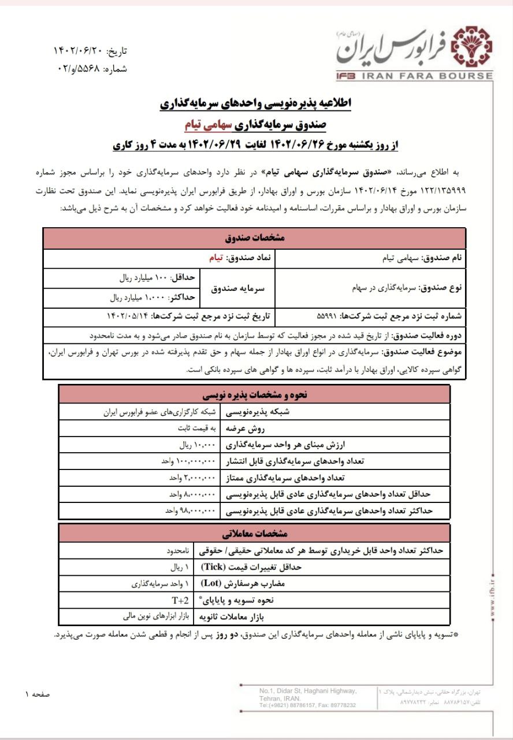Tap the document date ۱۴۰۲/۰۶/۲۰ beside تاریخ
pyautogui.click(x=77, y=51)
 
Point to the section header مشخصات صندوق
pyautogui.click(x=255, y=238)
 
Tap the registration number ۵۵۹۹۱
pyautogui.click(x=330, y=317)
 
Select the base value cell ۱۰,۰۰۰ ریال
pyautogui.click(x=197, y=445)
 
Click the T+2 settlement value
pyautogui.click(x=181, y=600)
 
